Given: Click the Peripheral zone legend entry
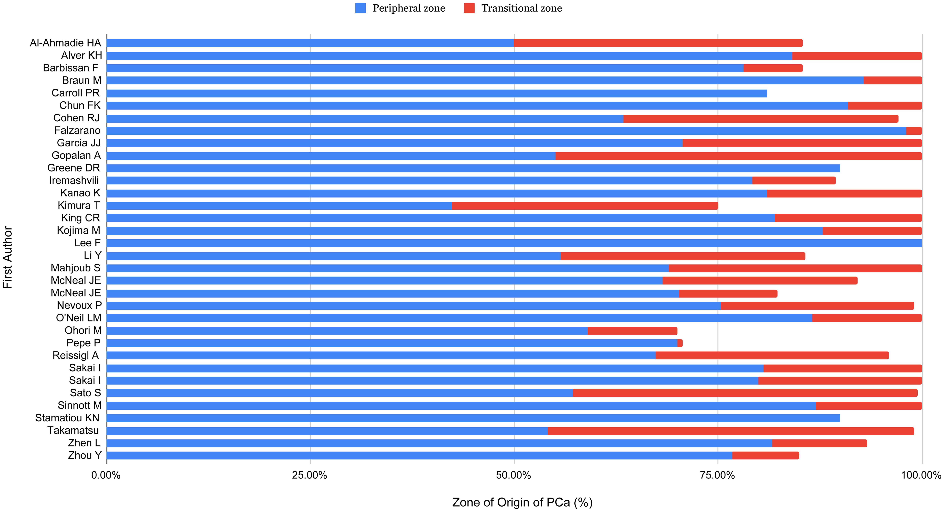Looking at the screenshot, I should (400, 8).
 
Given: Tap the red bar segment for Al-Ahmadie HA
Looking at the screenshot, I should (658, 43).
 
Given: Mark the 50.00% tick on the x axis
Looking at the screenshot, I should (514, 475).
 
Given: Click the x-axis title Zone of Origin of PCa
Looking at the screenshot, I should (522, 502).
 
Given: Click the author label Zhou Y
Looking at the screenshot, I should (85, 456).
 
